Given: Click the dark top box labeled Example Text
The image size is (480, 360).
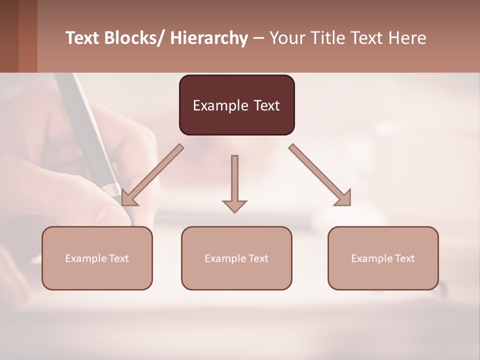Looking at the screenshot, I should point(236,105).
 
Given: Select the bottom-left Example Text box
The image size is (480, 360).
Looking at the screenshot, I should point(97,258).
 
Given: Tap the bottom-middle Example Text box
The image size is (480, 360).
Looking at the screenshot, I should point(236,258).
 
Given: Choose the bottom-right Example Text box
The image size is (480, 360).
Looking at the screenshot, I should point(383,258).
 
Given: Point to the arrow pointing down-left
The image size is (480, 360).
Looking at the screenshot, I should point(152,175).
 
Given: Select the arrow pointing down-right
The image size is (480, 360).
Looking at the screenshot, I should point(319,175).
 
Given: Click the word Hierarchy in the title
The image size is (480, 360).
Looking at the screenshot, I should point(209,38).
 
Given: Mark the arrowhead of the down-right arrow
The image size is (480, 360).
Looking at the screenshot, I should point(344,198).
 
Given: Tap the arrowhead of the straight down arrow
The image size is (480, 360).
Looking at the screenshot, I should point(234,206).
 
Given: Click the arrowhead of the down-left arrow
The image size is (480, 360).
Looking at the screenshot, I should point(128,198).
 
